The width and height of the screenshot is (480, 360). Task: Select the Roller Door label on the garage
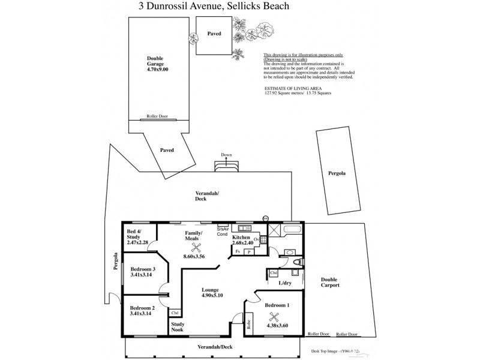tap(156, 117)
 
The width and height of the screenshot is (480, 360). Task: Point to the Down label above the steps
tap(226, 154)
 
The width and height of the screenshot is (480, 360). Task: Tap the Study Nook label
tap(178, 328)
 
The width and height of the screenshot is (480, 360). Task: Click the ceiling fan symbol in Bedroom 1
tap(275, 319)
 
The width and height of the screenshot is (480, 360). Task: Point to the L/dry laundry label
tap(284, 283)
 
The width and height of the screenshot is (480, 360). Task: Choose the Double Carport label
tap(330, 282)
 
